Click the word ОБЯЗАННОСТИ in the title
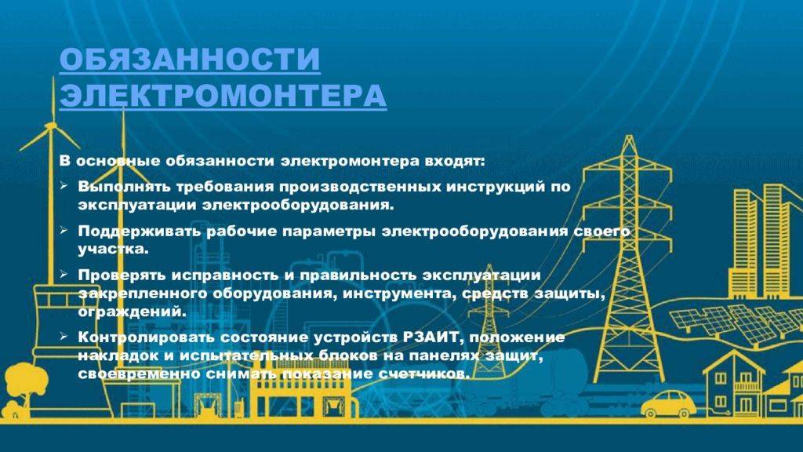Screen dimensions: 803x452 click(x=190, y=59)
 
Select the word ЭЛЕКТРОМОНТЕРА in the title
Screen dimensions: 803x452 click(x=223, y=95)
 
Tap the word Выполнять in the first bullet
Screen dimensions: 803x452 click(x=124, y=187)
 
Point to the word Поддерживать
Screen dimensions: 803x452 click(x=140, y=231)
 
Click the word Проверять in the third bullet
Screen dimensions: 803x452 click(x=122, y=275)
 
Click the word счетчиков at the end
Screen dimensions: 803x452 click(x=423, y=374)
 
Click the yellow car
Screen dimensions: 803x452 click(x=669, y=403)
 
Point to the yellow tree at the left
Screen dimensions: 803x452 click(x=24, y=387)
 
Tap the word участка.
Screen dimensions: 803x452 click(x=113, y=250)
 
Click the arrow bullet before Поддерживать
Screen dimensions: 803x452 click(x=64, y=230)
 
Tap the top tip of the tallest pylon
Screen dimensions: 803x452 click(x=630, y=135)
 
